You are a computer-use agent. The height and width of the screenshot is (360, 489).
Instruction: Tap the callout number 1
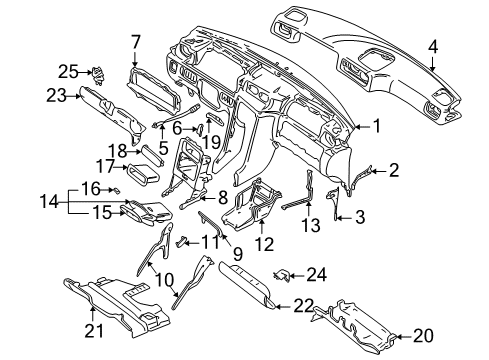click(x=377, y=126)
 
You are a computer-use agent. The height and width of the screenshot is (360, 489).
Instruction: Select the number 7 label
click(x=135, y=41)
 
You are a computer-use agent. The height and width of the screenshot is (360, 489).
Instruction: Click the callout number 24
click(x=318, y=274)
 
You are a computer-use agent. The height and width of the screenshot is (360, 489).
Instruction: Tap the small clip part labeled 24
click(x=285, y=273)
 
